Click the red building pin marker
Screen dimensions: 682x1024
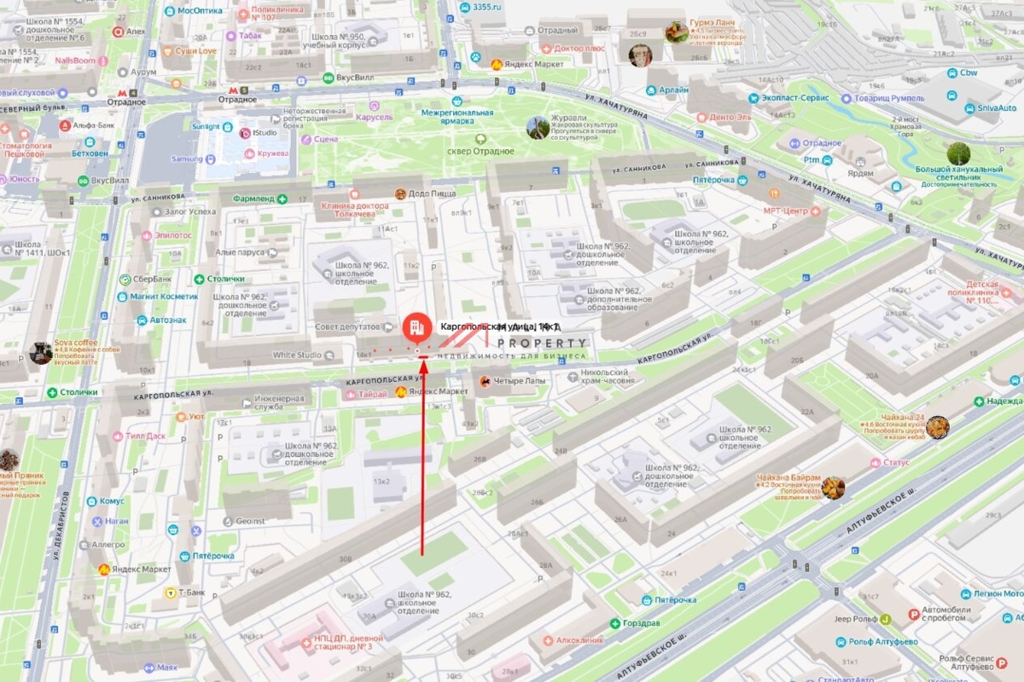click(x=417, y=327)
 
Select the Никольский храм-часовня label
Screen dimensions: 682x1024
click(x=604, y=378)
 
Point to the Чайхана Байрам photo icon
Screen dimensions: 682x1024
click(x=833, y=488)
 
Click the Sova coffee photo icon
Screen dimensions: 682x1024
click(x=40, y=353)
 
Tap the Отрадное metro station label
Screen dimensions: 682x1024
click(x=237, y=99)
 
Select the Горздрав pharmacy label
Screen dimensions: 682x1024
click(x=643, y=623)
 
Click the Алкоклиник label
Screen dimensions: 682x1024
click(x=579, y=639)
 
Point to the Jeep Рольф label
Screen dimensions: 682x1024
click(x=853, y=619)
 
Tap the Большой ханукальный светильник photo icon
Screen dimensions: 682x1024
click(x=958, y=154)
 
